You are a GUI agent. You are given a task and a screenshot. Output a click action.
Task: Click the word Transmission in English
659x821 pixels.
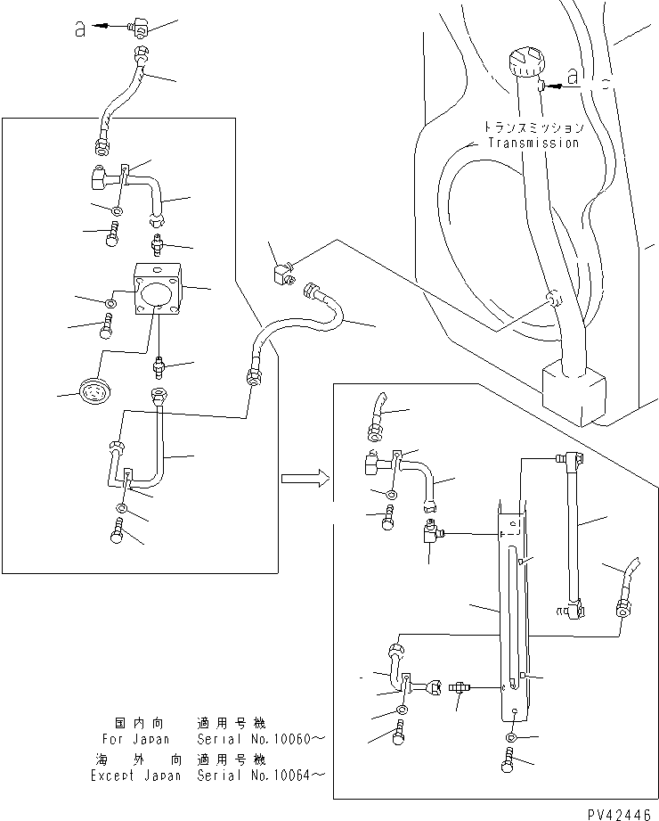(533, 143)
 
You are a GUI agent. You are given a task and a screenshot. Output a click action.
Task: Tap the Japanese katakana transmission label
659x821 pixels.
(533, 127)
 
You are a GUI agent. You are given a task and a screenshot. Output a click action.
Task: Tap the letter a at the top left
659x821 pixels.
(79, 29)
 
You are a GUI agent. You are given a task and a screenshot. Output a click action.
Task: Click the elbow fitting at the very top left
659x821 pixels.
(136, 28)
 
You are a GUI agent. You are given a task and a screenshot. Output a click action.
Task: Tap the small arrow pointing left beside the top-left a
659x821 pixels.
(105, 28)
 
